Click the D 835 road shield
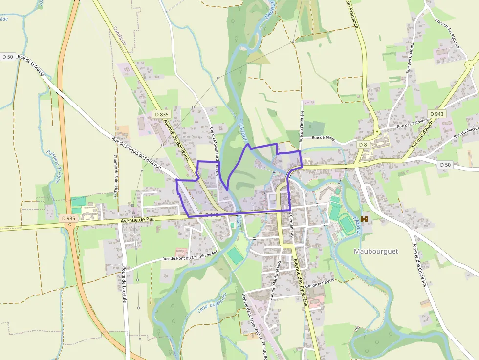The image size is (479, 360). click(161, 114)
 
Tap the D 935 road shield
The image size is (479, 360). click(68, 219)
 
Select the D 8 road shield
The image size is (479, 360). click(362, 145)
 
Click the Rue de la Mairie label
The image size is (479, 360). click(31, 66)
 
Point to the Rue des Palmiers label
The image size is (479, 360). click(413, 123)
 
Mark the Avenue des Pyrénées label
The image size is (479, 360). click(300, 281)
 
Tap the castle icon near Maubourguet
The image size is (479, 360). click(364, 219)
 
